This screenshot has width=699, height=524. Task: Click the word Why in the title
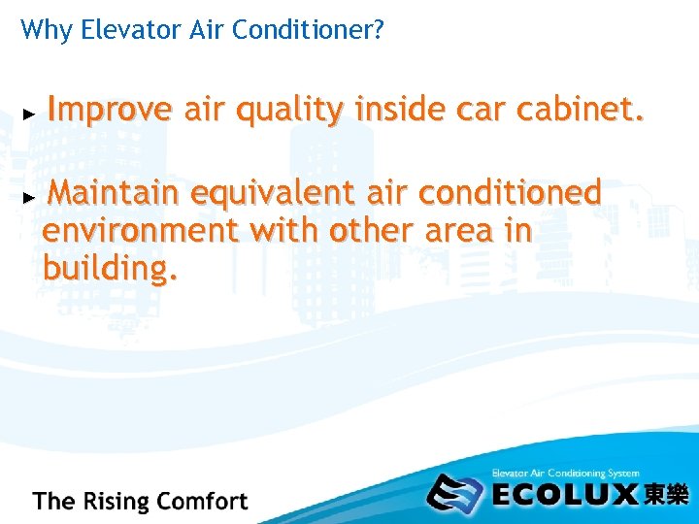click(39, 30)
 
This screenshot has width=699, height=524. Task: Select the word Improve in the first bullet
click(110, 113)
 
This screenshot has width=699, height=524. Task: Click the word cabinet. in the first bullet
click(580, 113)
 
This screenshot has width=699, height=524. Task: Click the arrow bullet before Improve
click(29, 115)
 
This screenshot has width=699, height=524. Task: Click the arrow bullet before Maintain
click(29, 197)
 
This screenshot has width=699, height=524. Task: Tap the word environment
click(141, 231)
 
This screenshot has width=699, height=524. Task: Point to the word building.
click(110, 269)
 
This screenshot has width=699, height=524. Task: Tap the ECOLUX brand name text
click(565, 495)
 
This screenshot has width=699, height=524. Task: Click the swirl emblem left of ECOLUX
click(456, 493)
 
